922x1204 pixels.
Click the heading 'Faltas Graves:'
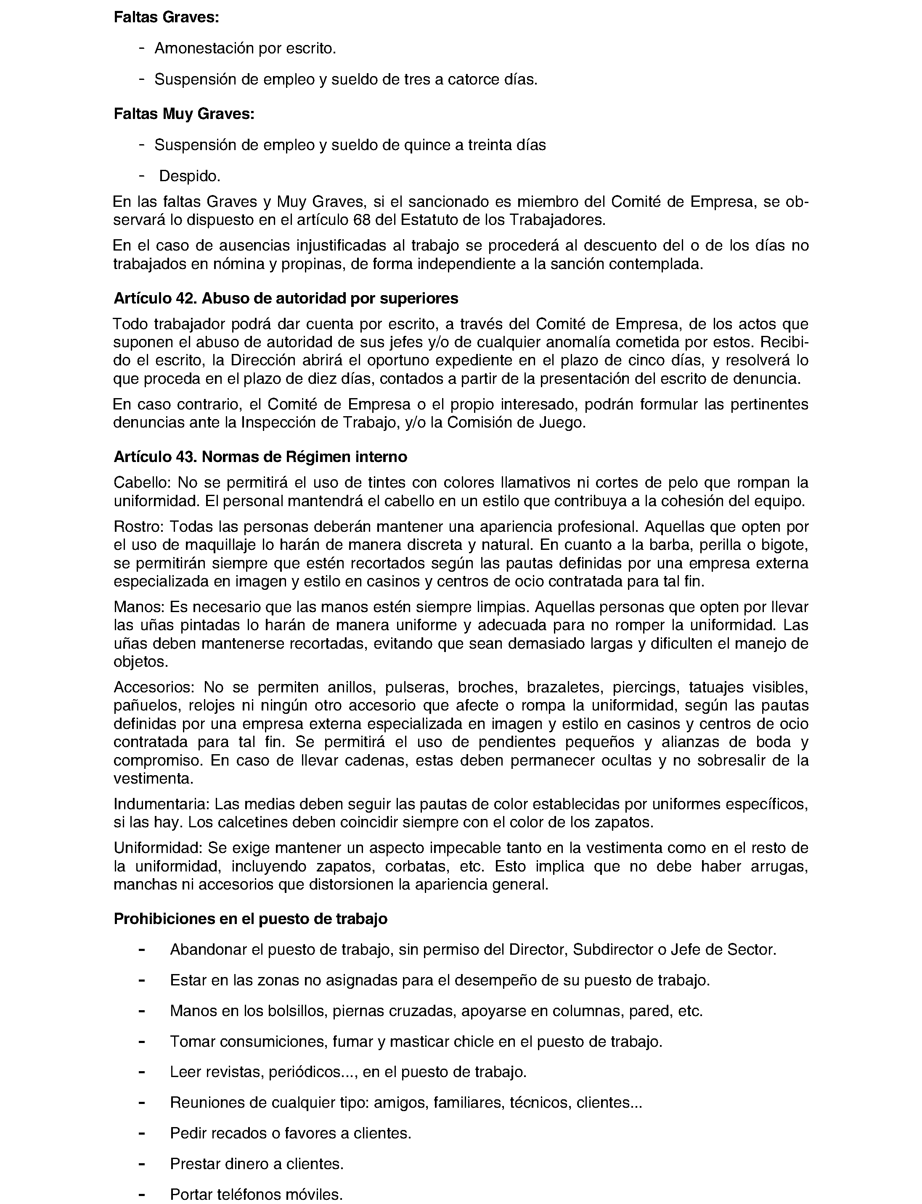click(x=166, y=18)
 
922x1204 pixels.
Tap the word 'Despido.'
click(x=190, y=176)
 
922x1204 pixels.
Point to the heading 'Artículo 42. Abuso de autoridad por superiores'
click(x=285, y=298)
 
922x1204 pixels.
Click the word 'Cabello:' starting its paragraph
click(x=143, y=483)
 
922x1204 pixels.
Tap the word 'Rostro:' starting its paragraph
click(x=139, y=527)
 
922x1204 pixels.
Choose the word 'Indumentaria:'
click(x=162, y=804)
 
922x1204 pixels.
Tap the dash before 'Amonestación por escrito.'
click(x=142, y=48)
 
